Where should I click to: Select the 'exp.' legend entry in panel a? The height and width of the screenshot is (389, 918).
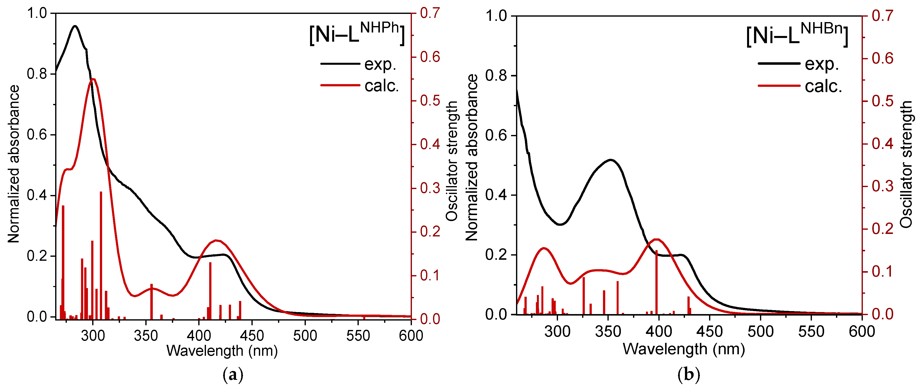pos(380,64)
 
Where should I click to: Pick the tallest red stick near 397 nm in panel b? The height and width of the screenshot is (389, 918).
pos(656,281)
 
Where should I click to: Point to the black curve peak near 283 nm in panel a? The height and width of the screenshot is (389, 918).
pos(75,26)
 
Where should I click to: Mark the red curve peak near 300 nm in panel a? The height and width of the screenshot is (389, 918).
pos(93,79)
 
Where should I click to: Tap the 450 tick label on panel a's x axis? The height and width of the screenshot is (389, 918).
pos(252,335)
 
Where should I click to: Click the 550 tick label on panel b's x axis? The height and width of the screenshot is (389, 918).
pos(811,332)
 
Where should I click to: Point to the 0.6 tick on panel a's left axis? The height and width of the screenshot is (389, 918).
pos(37,135)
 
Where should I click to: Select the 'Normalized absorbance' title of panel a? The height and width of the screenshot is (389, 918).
pos(14,164)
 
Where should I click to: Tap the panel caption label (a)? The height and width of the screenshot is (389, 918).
pos(233,375)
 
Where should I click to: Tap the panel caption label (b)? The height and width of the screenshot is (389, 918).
pos(688,375)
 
